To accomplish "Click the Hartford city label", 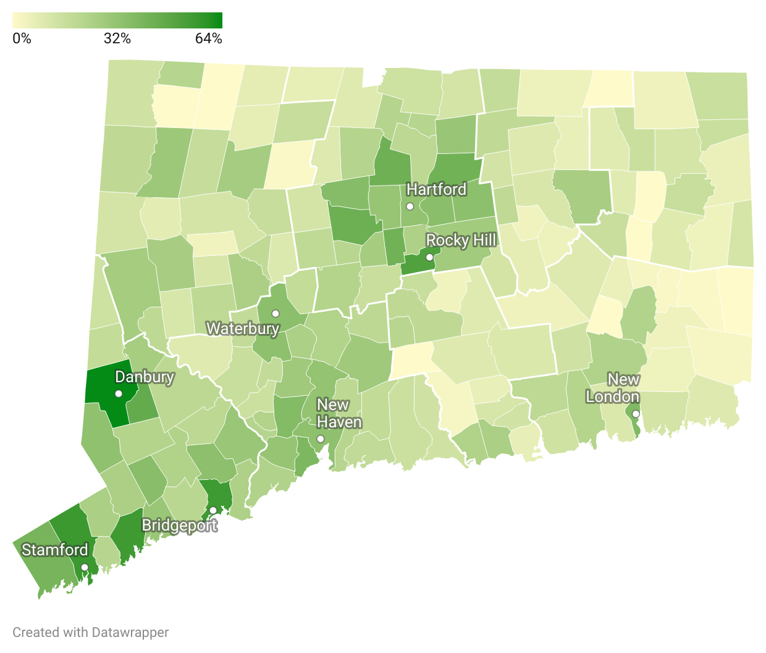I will pyautogui.click(x=436, y=189).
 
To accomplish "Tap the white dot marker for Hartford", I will pyautogui.click(x=410, y=206).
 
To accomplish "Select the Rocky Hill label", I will pyautogui.click(x=461, y=240).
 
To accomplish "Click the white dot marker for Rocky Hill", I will pyautogui.click(x=429, y=257).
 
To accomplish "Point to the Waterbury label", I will pyautogui.click(x=242, y=328).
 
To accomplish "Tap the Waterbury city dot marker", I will pyautogui.click(x=276, y=314).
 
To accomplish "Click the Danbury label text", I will pyautogui.click(x=145, y=377).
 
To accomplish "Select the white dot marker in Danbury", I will pyautogui.click(x=119, y=393).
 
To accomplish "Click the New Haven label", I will pyautogui.click(x=339, y=413).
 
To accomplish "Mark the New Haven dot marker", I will pyautogui.click(x=320, y=438).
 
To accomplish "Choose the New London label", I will pyautogui.click(x=613, y=388).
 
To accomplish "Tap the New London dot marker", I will pyautogui.click(x=636, y=414).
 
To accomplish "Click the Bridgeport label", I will pyautogui.click(x=179, y=525).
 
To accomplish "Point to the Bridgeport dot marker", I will pyautogui.click(x=213, y=510).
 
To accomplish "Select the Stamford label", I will pyautogui.click(x=55, y=550).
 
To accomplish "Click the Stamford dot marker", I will pyautogui.click(x=85, y=567).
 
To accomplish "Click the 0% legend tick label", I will pyautogui.click(x=22, y=38).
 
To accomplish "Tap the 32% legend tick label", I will pyautogui.click(x=117, y=38).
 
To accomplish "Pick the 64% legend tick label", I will pyautogui.click(x=208, y=38).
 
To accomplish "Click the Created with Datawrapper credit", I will pyautogui.click(x=90, y=632).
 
